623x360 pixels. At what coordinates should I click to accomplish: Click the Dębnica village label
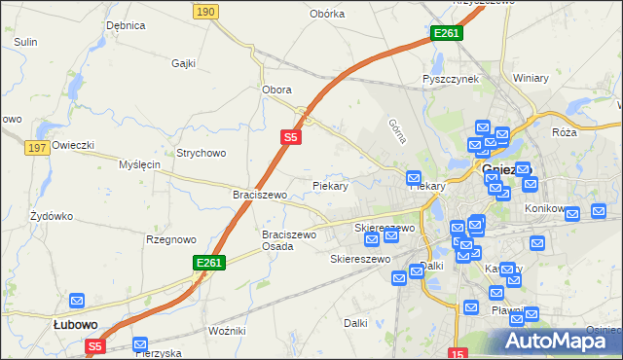[x=126, y=25]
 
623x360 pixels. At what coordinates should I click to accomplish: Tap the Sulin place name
[x=25, y=42]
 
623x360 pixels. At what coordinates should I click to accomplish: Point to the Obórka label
[x=327, y=14]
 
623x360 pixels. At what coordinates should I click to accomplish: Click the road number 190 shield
[x=204, y=11]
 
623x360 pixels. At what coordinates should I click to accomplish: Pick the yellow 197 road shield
[x=38, y=148]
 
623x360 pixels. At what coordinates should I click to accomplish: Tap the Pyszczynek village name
[x=451, y=79]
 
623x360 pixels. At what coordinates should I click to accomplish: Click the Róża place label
[x=564, y=131]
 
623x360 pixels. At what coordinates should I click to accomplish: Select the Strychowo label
[x=201, y=153]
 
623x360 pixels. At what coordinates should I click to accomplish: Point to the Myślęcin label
[x=138, y=164]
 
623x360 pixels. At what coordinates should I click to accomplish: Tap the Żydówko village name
[x=52, y=215]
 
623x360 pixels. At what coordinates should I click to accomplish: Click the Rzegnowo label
[x=170, y=238]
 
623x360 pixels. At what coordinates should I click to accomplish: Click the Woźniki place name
[x=227, y=331]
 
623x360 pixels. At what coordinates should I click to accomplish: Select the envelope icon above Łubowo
[x=77, y=302]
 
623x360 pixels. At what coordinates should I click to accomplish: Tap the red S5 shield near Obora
[x=290, y=138]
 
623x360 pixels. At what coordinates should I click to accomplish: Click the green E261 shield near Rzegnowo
[x=209, y=263]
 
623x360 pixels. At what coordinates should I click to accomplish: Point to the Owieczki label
[x=73, y=145]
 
